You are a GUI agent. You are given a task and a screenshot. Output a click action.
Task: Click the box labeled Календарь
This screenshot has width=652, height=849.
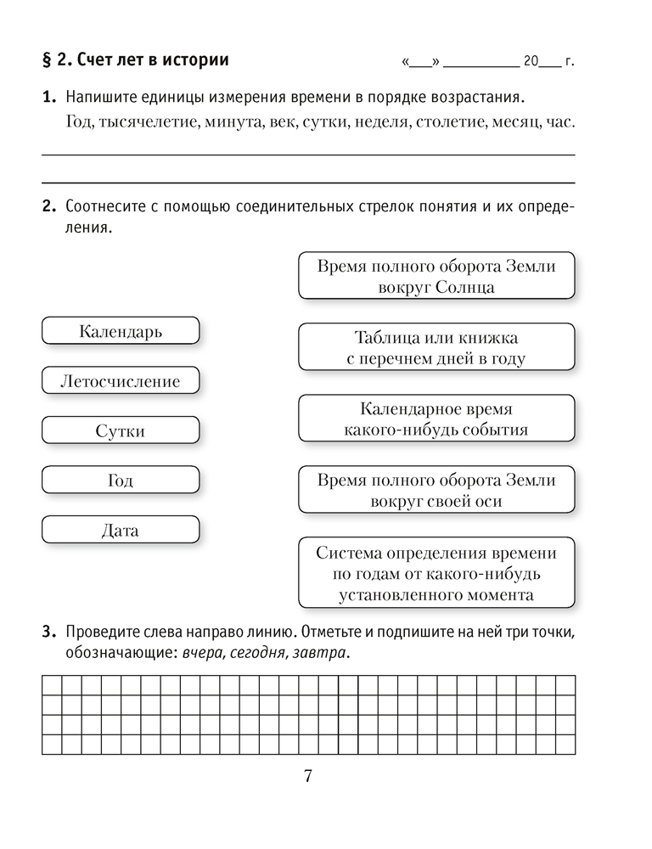(x=121, y=331)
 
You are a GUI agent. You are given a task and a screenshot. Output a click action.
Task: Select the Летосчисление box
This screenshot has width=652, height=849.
(x=121, y=381)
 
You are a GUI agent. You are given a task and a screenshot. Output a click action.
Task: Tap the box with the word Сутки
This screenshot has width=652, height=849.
(x=121, y=431)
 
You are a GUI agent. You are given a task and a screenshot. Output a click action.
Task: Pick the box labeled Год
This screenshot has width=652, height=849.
(x=121, y=481)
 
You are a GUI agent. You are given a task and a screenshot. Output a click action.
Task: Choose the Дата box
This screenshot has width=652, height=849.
(x=121, y=531)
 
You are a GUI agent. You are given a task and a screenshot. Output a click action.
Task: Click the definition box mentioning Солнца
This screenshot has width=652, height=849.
(x=436, y=277)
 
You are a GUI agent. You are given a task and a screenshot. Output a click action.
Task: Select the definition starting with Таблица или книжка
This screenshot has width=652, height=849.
(x=436, y=348)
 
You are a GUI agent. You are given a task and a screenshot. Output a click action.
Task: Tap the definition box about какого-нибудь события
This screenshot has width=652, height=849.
(x=436, y=419)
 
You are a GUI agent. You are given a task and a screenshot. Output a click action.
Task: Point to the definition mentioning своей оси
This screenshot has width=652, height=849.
(x=436, y=491)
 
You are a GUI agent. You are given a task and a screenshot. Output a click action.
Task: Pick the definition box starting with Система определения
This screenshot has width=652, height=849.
(x=436, y=574)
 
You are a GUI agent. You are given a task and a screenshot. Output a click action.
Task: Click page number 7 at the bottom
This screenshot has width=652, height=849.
(x=308, y=775)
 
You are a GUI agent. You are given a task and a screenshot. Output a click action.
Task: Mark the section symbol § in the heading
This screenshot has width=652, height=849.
(x=47, y=61)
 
